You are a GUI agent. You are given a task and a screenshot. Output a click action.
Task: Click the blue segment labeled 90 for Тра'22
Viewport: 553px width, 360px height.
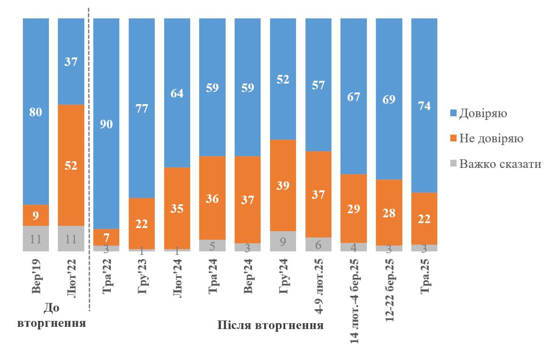tap(106, 123)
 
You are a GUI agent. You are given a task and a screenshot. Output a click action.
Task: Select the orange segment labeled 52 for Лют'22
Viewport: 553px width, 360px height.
tap(71, 165)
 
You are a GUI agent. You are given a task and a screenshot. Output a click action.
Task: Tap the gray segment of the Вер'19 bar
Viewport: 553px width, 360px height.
tap(36, 238)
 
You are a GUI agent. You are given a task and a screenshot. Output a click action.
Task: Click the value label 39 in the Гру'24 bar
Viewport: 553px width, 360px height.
tap(283, 185)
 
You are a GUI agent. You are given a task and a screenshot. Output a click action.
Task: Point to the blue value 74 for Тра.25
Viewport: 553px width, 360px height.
tap(424, 106)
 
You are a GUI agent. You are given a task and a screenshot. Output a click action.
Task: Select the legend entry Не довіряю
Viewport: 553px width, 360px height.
tap(491, 138)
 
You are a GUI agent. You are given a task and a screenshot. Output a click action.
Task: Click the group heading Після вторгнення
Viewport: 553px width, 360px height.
tap(270, 325)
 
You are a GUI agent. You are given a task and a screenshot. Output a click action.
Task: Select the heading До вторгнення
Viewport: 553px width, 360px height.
tap(52, 315)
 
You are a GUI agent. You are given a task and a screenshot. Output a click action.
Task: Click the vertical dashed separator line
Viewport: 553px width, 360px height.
tap(89, 157)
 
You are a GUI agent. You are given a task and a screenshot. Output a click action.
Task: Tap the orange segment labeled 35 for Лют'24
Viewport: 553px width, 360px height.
tap(177, 208)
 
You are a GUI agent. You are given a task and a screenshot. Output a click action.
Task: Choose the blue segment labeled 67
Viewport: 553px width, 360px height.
tap(354, 96)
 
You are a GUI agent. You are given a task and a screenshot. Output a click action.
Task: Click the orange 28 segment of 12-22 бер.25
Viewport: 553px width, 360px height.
tap(389, 212)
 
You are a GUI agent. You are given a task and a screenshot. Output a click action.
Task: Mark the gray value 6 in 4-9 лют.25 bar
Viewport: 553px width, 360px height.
tap(318, 244)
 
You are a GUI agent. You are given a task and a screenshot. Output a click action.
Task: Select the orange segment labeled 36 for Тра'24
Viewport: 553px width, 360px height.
tap(213, 198)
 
